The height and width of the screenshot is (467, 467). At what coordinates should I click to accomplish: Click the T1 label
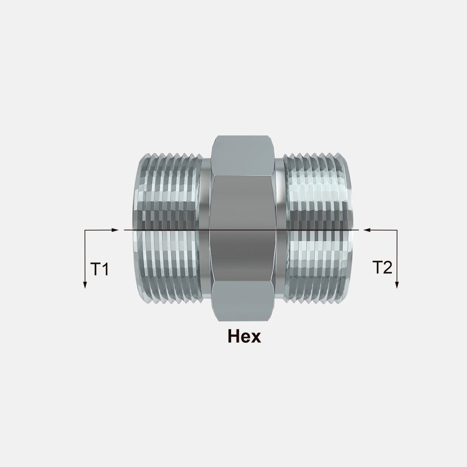[99, 269]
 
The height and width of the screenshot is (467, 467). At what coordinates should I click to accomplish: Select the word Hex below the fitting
[244, 336]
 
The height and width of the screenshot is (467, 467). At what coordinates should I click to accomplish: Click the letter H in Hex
[234, 336]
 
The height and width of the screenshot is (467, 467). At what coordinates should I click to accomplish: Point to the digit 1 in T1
[105, 269]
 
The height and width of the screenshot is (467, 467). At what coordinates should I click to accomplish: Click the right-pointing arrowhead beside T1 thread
[115, 230]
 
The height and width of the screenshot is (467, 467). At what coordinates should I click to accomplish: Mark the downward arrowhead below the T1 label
[85, 284]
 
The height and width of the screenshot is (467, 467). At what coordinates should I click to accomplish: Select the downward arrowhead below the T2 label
[396, 284]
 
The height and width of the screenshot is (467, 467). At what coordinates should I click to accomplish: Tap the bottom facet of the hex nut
[243, 301]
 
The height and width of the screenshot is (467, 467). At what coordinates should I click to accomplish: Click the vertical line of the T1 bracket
[85, 257]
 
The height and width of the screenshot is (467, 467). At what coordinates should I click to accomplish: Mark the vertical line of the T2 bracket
[396, 257]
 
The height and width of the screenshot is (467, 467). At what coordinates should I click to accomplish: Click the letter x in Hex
[256, 338]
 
